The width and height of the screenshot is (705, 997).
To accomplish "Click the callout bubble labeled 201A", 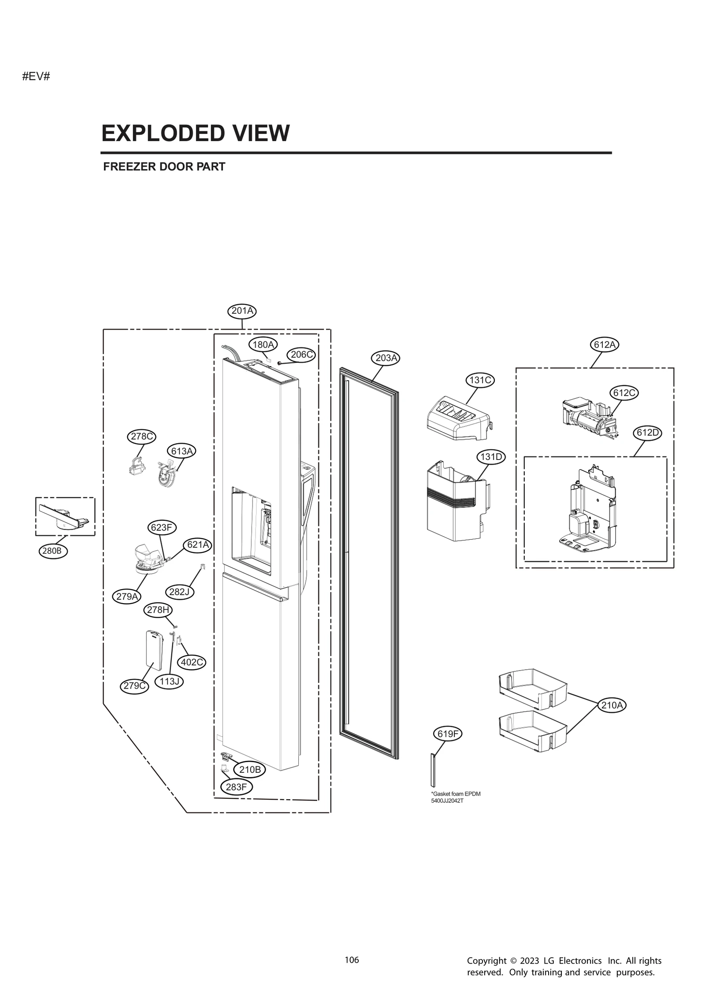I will (242, 311).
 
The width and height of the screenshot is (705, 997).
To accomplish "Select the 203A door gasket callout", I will (386, 358).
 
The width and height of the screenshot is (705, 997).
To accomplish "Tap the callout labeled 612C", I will (624, 393).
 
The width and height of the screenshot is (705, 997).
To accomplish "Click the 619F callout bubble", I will (448, 734).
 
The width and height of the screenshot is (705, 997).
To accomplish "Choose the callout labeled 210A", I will (612, 705).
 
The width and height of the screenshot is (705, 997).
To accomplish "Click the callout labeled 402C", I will (192, 662).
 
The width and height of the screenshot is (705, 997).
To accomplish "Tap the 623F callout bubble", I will (161, 527).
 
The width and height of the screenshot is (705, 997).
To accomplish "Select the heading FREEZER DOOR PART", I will (164, 167).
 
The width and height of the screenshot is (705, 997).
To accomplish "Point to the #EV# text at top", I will (36, 76).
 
